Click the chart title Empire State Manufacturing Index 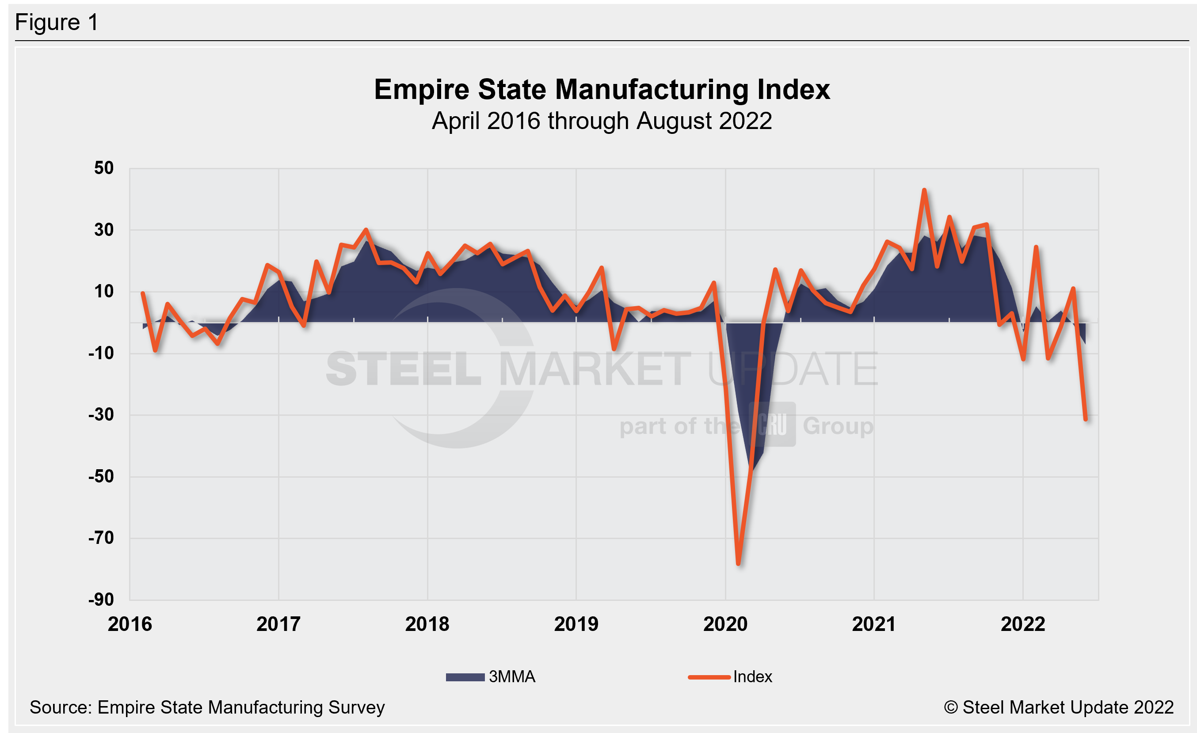point(602,90)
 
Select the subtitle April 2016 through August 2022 point(602,121)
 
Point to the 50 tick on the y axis point(103,168)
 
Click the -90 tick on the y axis point(101,600)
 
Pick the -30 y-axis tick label point(101,414)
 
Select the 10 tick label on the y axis point(103,291)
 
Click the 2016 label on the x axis point(130,624)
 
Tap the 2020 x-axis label point(725,624)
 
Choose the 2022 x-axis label point(1022,624)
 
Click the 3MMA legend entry point(491,677)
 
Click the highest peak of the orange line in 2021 point(924,190)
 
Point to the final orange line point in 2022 point(1086,419)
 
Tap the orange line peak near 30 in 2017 point(366,230)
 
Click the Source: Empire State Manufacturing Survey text point(207,707)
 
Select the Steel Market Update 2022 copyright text point(1059,707)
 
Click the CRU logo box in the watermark point(772,424)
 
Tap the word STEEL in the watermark point(403,369)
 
